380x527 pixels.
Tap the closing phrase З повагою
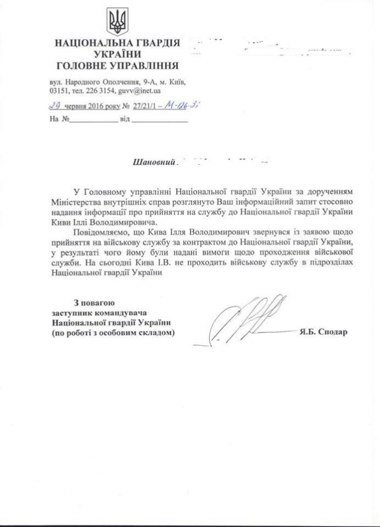pyautogui.click(x=94, y=302)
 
